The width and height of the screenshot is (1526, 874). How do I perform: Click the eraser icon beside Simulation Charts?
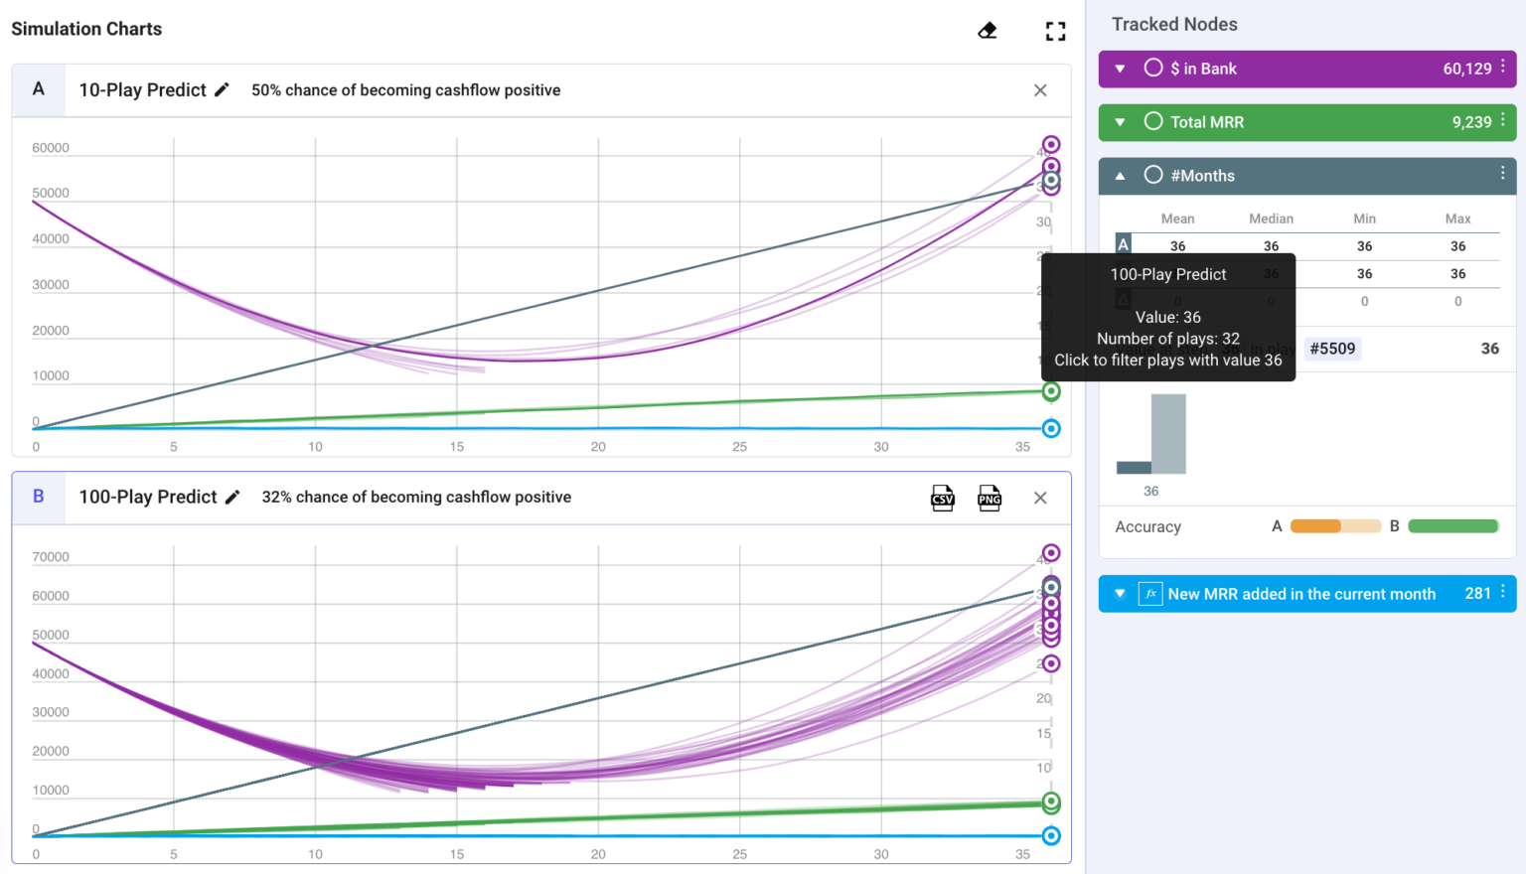coord(987,31)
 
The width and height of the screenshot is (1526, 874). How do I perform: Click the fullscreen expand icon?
coord(1055,32)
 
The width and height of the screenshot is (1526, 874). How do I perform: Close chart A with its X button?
coord(1040,90)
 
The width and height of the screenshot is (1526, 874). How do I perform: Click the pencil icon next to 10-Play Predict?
coord(222,90)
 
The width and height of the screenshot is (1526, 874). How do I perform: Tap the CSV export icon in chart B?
coord(943,499)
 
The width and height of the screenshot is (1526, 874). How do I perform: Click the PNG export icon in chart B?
coord(990,499)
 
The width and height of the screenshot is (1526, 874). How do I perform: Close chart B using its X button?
coord(1040,499)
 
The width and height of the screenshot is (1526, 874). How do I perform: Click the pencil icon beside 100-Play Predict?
coord(232,498)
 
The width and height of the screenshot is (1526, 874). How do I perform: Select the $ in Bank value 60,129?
coord(1466,70)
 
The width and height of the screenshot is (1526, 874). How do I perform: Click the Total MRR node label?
coord(1206,122)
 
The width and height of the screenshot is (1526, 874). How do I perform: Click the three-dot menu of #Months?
coord(1502,174)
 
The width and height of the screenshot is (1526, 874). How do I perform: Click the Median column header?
coord(1271,218)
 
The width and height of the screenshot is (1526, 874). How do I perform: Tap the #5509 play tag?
coord(1332,349)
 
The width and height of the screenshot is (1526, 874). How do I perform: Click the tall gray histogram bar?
coord(1168,434)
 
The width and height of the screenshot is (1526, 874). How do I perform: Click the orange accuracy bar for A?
coord(1315,526)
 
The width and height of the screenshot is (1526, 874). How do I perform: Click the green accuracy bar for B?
coord(1452,526)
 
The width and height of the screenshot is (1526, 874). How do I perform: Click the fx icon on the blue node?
coord(1150,594)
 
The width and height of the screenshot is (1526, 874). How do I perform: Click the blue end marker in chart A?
coord(1051,429)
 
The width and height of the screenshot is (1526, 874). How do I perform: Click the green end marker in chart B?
coord(1051,801)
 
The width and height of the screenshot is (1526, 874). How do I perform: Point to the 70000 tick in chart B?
coord(51,557)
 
